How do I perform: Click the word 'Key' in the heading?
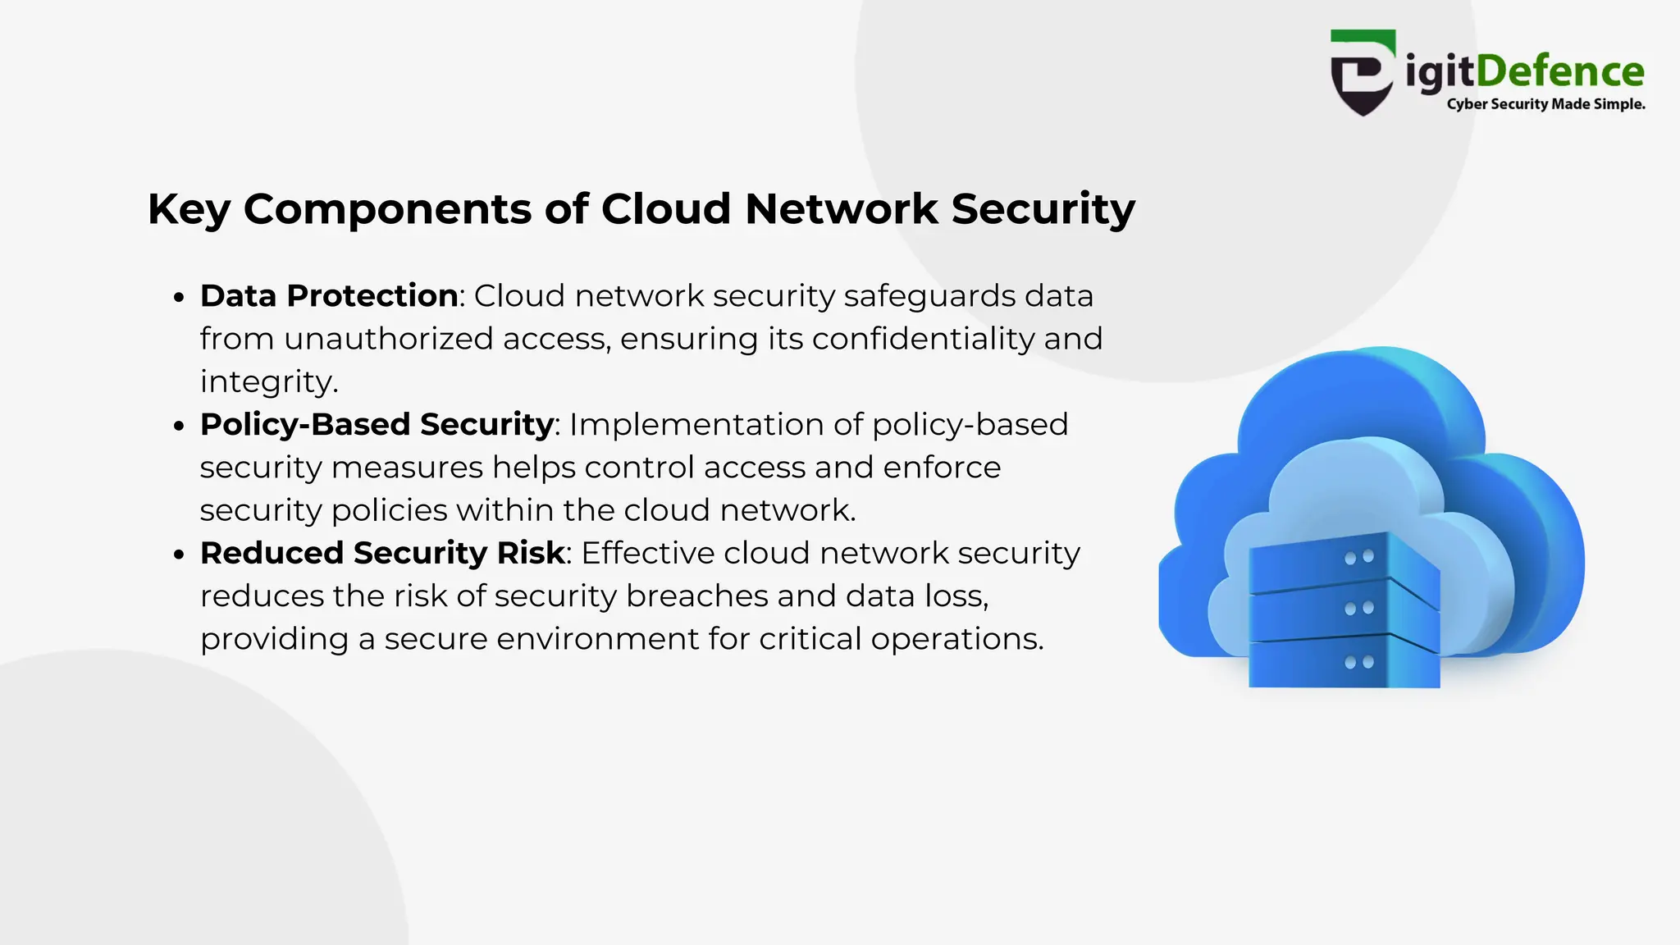(189, 209)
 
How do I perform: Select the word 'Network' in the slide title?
(841, 208)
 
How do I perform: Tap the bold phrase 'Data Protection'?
(329, 296)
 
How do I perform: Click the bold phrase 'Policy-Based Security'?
(377, 425)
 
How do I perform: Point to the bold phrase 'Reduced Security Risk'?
(383, 554)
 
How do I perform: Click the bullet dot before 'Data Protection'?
(180, 298)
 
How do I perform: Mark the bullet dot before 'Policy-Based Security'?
(180, 427)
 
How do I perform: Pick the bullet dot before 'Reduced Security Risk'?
(180, 555)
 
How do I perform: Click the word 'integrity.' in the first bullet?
(269, 382)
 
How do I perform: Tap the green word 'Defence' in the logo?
(1560, 71)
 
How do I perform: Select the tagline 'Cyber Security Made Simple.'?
(1545, 104)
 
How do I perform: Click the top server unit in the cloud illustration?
(1344, 563)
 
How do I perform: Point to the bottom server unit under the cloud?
(1344, 663)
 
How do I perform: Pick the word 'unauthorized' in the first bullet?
(389, 339)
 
